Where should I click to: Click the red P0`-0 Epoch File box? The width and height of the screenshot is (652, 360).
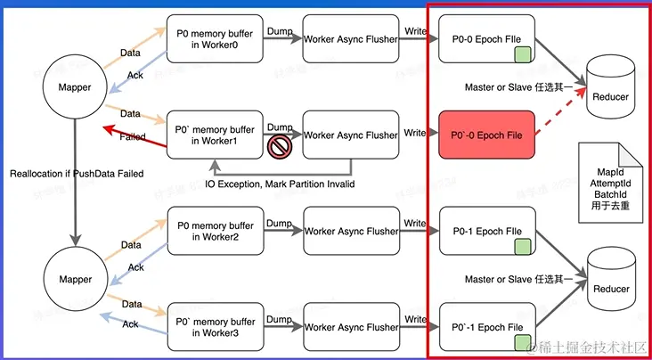[x=486, y=134]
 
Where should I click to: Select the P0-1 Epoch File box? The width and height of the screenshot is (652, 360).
[x=486, y=231]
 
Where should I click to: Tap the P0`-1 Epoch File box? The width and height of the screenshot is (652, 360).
[x=486, y=327]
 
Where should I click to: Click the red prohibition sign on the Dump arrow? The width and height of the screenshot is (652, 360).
[x=279, y=146]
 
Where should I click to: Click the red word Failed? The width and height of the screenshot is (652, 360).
[x=133, y=137]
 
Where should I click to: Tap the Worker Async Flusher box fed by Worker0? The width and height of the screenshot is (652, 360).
[x=350, y=39]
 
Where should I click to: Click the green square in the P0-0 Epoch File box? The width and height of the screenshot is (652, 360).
[x=522, y=55]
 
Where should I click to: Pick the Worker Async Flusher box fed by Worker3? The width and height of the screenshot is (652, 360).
[x=350, y=327]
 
